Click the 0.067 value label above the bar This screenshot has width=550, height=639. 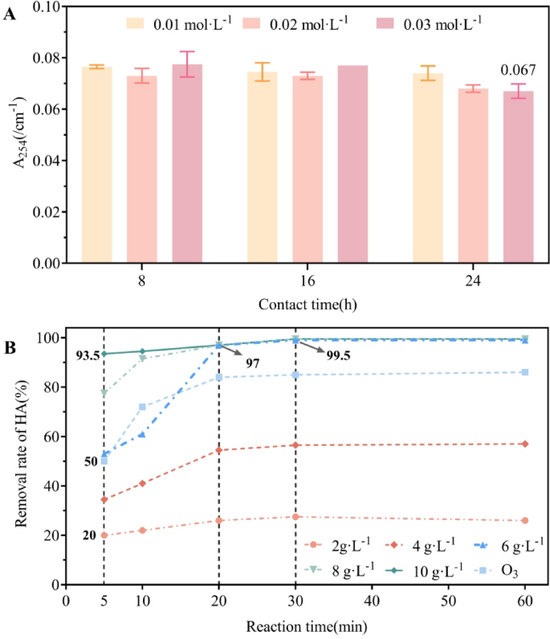pyautogui.click(x=518, y=71)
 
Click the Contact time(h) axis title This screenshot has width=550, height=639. pyautogui.click(x=308, y=305)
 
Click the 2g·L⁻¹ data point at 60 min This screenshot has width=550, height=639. pyautogui.click(x=525, y=520)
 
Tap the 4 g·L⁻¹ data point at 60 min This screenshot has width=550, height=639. pyautogui.click(x=525, y=444)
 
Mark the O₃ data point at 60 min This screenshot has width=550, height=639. pyautogui.click(x=525, y=372)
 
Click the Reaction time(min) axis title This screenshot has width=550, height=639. pyautogui.click(x=297, y=625)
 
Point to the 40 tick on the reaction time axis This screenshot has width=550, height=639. pyautogui.click(x=372, y=601)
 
